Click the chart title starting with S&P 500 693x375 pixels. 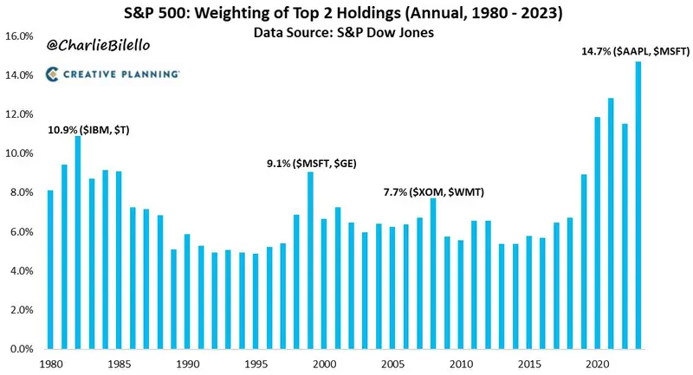point(346,14)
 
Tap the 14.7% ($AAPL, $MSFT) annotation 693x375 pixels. point(635,52)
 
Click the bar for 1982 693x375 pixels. point(78,242)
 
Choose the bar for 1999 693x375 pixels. point(310,260)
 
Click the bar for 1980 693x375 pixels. point(50,269)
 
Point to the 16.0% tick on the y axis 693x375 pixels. point(20,36)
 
